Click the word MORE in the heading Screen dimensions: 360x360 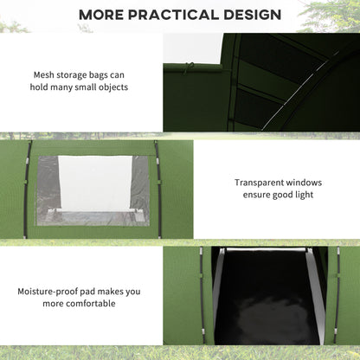click(x=106, y=15)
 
